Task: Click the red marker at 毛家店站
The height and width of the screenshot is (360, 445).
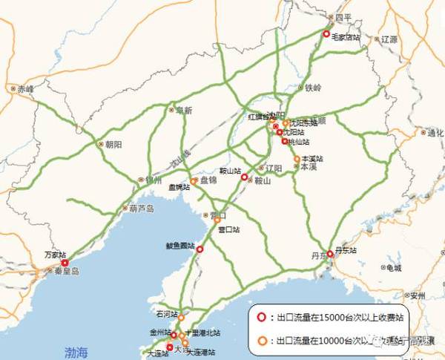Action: [x=326, y=33]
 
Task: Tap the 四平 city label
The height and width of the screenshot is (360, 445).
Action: [x=342, y=16]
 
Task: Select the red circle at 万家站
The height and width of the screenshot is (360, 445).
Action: [x=65, y=263]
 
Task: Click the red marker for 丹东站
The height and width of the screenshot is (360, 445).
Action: [x=330, y=254]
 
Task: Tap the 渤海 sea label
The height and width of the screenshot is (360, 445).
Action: [x=76, y=350]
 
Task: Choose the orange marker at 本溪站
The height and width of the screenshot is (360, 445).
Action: [x=297, y=159]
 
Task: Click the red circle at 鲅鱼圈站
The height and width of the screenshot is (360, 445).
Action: [x=200, y=250]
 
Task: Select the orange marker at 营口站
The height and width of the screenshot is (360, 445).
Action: [x=217, y=220]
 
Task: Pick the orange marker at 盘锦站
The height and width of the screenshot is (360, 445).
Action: [x=194, y=181]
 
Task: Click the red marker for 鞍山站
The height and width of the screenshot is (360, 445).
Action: [x=244, y=177]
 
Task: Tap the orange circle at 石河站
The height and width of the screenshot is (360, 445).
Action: [x=180, y=317]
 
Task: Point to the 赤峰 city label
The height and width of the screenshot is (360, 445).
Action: [x=26, y=88]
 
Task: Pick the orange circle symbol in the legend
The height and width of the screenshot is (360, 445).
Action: [x=260, y=341]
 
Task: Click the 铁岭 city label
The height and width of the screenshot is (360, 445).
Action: [x=314, y=88]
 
